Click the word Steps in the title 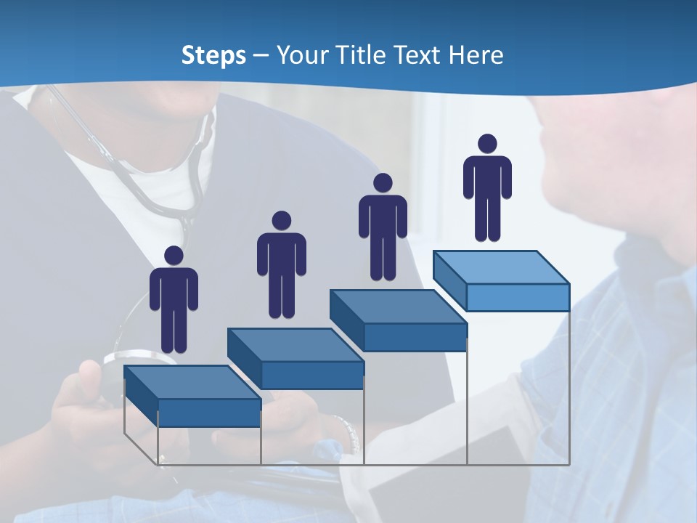213,55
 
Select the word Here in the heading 476,55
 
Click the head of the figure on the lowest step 174,256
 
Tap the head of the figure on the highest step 487,144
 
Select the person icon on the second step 281,265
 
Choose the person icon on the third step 383,227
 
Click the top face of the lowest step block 192,382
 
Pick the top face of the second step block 295,344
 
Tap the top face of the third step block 398,307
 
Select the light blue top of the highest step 501,267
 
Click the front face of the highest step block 518,297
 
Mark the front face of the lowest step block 209,413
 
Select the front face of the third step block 415,337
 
